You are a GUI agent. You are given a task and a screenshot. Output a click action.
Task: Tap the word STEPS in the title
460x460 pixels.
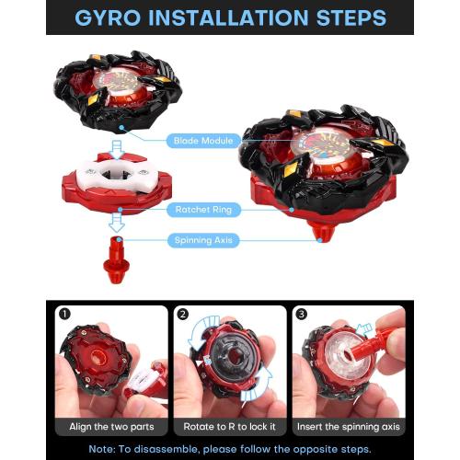(351, 17)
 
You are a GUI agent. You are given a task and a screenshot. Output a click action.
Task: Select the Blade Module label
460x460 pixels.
(203, 141)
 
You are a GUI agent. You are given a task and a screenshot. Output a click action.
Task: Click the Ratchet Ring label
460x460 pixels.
(203, 210)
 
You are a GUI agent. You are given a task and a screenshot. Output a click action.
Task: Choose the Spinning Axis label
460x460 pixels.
(203, 240)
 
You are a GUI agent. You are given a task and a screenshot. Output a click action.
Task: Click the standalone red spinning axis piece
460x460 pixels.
(116, 260)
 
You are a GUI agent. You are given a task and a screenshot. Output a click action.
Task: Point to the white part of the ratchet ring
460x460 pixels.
(117, 176)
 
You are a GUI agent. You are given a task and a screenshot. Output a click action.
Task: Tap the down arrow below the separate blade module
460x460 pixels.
(117, 150)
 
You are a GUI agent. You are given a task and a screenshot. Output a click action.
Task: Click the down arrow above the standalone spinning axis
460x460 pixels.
(117, 223)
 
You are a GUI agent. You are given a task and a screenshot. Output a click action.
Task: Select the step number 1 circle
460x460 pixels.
(64, 314)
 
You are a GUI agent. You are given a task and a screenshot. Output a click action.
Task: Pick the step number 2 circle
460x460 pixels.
(183, 315)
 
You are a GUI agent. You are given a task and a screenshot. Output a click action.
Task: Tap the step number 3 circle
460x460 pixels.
(302, 314)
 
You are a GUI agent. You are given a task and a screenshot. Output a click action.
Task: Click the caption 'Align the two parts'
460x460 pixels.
(111, 427)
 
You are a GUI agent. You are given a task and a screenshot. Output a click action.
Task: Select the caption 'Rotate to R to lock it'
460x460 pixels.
(230, 427)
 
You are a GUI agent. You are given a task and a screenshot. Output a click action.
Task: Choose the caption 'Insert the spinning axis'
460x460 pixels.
(349, 427)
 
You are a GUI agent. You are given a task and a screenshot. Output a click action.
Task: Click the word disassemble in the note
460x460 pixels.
(166, 449)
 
